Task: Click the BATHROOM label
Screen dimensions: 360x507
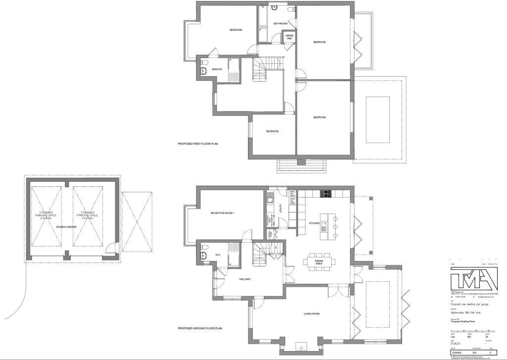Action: coord(280,24)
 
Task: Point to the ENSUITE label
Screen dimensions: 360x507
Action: coord(217,69)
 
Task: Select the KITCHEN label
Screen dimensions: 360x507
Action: coord(315,223)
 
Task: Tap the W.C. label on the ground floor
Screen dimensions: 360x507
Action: coord(217,255)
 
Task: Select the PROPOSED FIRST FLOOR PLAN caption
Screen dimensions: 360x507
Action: coord(198,144)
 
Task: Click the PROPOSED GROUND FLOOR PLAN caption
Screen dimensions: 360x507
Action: coord(200,328)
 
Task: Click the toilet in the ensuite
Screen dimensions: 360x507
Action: coord(204,71)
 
